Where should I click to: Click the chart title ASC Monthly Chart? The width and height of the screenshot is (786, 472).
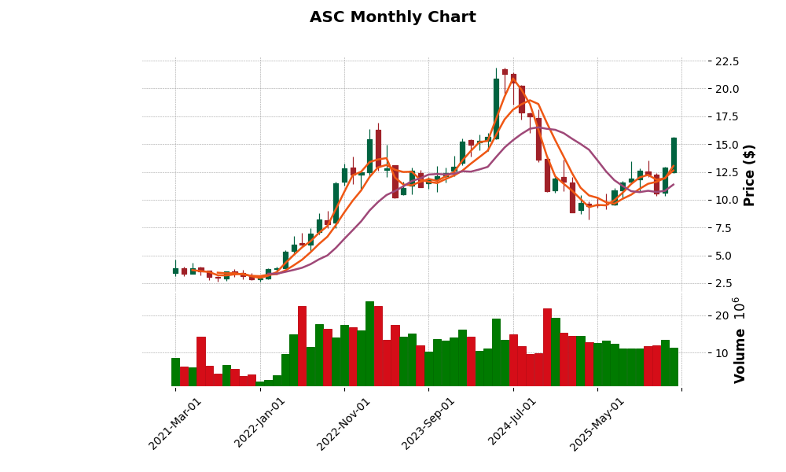pyautogui.click(x=392, y=17)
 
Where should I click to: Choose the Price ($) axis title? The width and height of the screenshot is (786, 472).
pyautogui.click(x=749, y=175)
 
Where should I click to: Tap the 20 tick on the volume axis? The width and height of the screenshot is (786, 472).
pyautogui.click(x=722, y=315)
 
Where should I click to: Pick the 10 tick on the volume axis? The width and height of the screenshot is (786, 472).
pyautogui.click(x=722, y=352)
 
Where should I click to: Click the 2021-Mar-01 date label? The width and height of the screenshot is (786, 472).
pyautogui.click(x=175, y=423)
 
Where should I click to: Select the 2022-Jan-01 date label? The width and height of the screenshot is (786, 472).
pyautogui.click(x=260, y=423)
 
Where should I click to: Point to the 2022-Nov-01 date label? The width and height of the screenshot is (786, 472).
pyautogui.click(x=343, y=423)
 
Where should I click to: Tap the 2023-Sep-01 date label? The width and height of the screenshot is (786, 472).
pyautogui.click(x=428, y=423)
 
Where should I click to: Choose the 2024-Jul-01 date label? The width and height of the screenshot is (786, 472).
pyautogui.click(x=512, y=423)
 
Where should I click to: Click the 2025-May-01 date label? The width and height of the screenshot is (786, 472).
pyautogui.click(x=597, y=423)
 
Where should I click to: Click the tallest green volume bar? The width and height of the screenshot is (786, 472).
pyautogui.click(x=369, y=344)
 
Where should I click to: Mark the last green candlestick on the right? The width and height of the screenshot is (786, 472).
pyautogui.click(x=674, y=154)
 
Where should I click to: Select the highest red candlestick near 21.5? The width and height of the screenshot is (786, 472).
pyautogui.click(x=505, y=72)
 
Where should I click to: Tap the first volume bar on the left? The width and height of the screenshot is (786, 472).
pyautogui.click(x=175, y=372)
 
